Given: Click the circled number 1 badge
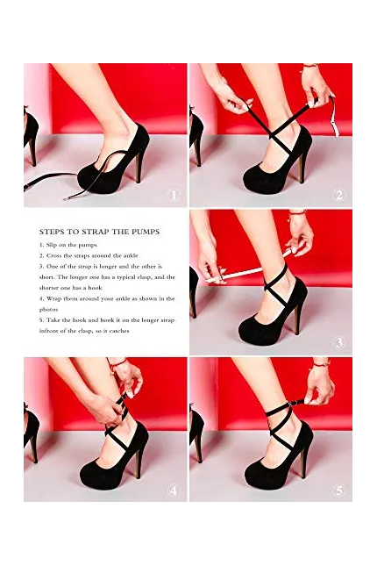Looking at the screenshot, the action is (x=174, y=196).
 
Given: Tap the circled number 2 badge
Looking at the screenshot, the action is (x=339, y=196).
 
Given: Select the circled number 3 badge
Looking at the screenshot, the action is (x=339, y=342).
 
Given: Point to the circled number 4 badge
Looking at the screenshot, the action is (x=174, y=491).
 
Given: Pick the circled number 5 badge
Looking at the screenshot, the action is (x=339, y=491).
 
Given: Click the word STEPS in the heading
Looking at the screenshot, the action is (x=52, y=232).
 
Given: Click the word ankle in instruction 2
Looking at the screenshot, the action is (x=131, y=255).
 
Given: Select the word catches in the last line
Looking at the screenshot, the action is (x=118, y=331).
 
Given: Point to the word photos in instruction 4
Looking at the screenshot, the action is (x=49, y=310).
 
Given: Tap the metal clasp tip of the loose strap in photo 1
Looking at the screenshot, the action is (x=68, y=198).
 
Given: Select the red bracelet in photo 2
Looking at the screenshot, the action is (x=310, y=66).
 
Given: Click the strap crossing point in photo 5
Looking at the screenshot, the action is (x=276, y=427).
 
